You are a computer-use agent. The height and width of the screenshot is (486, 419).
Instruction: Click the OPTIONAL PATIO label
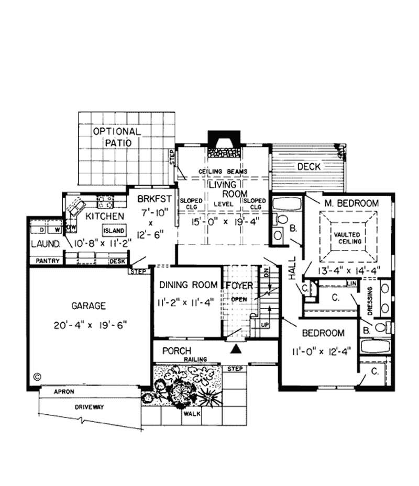click(x=116, y=137)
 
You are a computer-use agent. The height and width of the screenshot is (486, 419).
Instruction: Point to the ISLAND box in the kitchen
click(x=113, y=231)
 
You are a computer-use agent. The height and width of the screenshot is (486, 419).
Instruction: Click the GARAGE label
click(x=90, y=306)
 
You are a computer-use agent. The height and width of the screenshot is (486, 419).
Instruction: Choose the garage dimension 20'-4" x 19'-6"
click(x=90, y=324)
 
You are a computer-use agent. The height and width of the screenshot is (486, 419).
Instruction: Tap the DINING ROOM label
click(x=188, y=285)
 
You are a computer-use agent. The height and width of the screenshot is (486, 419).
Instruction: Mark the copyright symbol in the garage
click(x=37, y=376)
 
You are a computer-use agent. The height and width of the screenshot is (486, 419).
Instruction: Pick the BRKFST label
click(x=152, y=199)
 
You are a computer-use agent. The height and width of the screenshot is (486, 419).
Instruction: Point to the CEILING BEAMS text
click(x=223, y=171)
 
